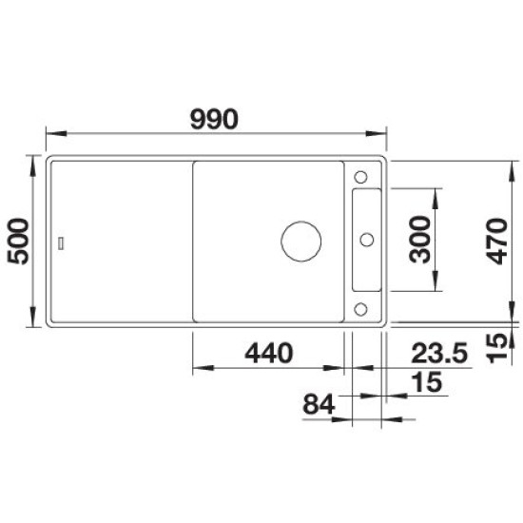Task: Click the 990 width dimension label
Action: tap(214, 119)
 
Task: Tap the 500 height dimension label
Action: tap(18, 242)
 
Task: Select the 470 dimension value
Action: tap(496, 242)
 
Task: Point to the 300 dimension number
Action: tap(420, 240)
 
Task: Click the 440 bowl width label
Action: tap(269, 353)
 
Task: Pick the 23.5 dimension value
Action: tap(439, 353)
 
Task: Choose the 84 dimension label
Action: tap(319, 404)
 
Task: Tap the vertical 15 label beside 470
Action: tap(496, 348)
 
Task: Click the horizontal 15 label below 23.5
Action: tap(427, 381)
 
